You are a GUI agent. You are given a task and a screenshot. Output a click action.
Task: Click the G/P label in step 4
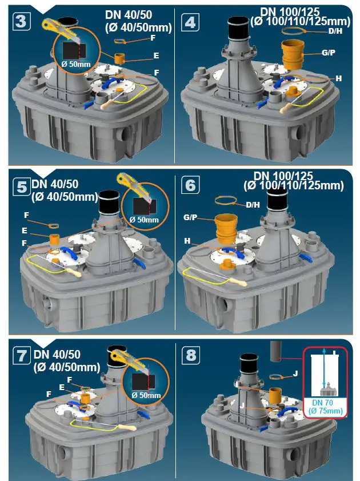tap(329, 53)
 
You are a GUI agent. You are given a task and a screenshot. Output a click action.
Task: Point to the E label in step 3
tap(155, 57)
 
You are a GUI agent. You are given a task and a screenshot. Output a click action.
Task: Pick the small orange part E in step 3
tap(121, 58)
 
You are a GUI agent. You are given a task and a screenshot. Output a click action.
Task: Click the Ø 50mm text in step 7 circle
tap(146, 395)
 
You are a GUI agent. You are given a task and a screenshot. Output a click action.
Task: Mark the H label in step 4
tap(338, 78)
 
